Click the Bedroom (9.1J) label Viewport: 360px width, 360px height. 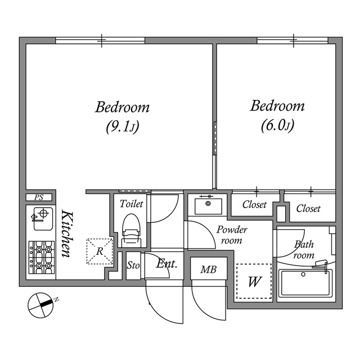[122, 116]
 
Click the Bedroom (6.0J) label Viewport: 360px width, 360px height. [277, 115]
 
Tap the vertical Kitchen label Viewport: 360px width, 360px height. [66, 234]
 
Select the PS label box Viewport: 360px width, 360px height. [39, 197]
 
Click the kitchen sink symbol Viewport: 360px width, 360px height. [42, 218]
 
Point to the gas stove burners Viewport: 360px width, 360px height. [42, 257]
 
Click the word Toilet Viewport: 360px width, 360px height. [132, 204]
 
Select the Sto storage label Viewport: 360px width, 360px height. [133, 265]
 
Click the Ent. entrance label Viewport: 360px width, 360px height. [166, 264]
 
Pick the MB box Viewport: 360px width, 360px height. [208, 269]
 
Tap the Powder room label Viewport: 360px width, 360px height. [232, 235]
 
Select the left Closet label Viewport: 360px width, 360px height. [254, 205]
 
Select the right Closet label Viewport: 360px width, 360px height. [308, 209]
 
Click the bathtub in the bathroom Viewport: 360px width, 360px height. [305, 282]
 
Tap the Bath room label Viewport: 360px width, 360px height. [304, 250]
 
